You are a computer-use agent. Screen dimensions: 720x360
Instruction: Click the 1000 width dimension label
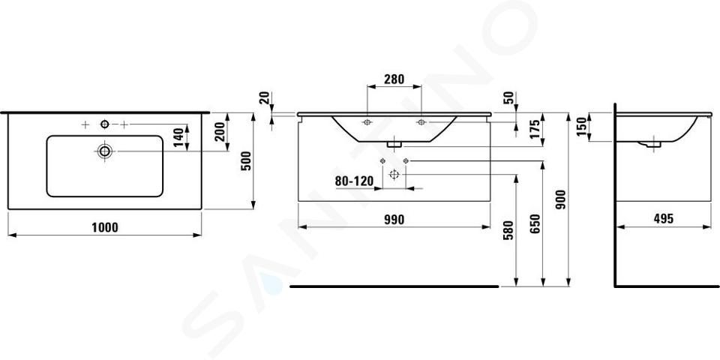click(x=105, y=227)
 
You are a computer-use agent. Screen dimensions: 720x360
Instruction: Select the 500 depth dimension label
click(x=247, y=160)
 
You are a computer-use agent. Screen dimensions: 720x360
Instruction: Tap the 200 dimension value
click(x=220, y=131)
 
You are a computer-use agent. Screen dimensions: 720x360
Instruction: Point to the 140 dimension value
click(x=179, y=137)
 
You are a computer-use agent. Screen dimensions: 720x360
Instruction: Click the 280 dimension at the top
click(x=394, y=79)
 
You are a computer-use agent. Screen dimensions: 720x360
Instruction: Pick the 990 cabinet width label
click(x=394, y=220)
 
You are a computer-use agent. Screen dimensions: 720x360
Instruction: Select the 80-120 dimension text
click(x=354, y=181)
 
